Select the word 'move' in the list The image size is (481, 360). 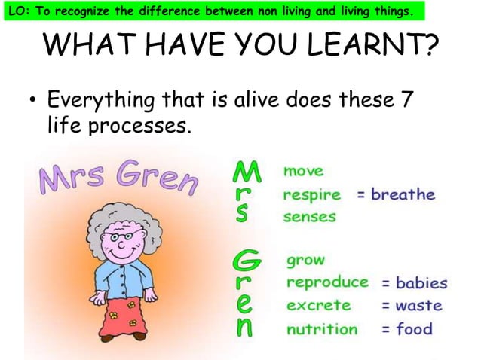(303, 172)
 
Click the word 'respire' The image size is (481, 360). (311, 195)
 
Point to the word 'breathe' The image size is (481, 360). (403, 194)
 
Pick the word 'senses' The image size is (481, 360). (309, 218)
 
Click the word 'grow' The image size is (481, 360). (305, 261)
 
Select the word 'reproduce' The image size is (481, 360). (327, 283)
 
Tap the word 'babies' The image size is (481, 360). (421, 283)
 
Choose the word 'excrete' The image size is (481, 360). (317, 306)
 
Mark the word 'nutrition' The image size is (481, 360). (322, 329)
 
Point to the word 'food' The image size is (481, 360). (415, 328)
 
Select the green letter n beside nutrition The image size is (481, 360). (244, 329)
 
